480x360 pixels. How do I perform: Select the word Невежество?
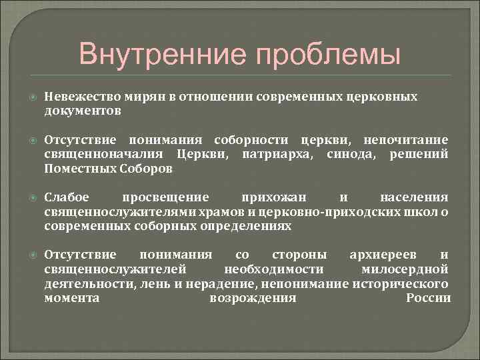(x=76, y=97)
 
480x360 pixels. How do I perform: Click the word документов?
(x=83, y=111)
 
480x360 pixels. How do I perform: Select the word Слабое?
(x=66, y=197)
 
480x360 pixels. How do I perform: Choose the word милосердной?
(x=414, y=269)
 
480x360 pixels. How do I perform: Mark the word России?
(x=428, y=297)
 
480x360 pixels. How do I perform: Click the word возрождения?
(x=253, y=297)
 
